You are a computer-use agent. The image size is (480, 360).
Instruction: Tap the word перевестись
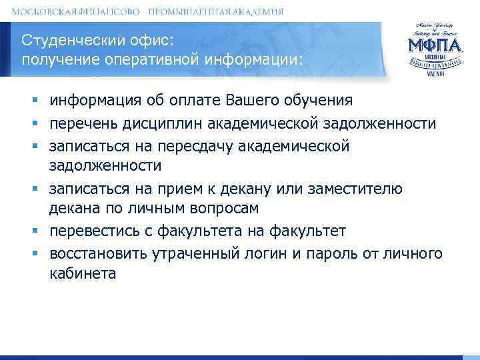click(x=93, y=231)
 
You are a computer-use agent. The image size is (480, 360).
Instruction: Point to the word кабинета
click(x=83, y=273)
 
